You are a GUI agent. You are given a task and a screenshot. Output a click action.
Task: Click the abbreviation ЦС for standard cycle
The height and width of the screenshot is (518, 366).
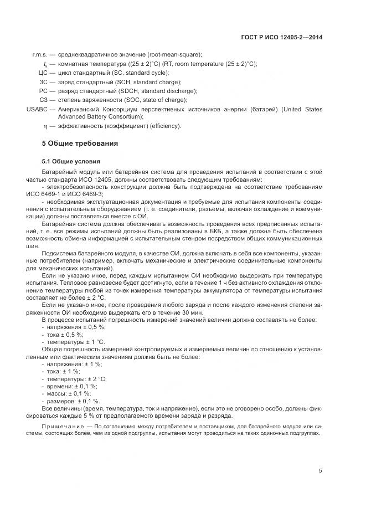pos(43,73)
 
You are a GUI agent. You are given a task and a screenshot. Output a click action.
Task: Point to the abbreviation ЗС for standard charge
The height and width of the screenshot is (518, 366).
pos(43,81)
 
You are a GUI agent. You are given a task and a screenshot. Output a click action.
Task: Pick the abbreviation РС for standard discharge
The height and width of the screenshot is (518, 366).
pos(43,90)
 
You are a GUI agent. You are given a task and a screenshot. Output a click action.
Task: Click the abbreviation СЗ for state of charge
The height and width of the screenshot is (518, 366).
pos(43,100)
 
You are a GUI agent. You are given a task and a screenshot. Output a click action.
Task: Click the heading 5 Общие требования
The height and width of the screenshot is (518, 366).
pos(80,143)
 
